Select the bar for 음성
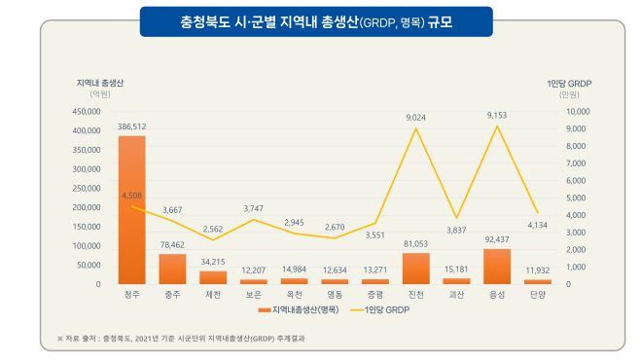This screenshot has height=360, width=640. (x=497, y=267)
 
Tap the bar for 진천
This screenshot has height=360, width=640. (x=415, y=269)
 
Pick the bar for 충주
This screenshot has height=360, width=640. (x=172, y=269)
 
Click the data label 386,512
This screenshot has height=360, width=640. (x=131, y=126)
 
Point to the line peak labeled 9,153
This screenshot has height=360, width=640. (x=497, y=126)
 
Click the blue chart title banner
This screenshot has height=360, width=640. (x=317, y=20)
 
